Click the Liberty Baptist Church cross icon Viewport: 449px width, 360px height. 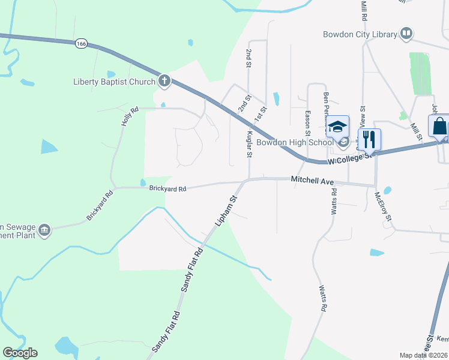pos(164,81)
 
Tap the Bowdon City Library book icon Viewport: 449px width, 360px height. pos(406,34)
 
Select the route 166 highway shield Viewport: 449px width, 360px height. pos(82,43)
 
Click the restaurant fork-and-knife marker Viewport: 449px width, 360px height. pos(369,139)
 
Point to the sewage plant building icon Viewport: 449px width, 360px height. pos(44,230)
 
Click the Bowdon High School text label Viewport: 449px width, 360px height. pos(295,142)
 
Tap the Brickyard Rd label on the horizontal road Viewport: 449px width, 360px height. pos(167,188)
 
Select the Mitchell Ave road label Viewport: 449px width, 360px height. pos(312,179)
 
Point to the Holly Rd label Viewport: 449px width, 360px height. pos(130,116)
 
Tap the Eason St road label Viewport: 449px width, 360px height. pos(307,113)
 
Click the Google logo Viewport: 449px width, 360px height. pos(20,353)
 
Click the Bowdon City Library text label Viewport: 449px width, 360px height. pos(360,34)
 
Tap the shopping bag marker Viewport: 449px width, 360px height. pos(439,127)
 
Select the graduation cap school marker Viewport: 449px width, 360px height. pos(337,127)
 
